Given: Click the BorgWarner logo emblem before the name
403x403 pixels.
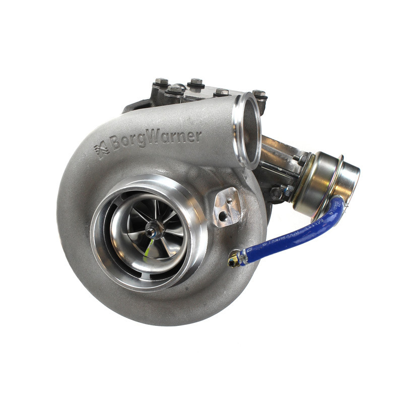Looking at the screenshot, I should pos(102,150).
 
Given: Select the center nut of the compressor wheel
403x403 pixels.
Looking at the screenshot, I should pos(151,231).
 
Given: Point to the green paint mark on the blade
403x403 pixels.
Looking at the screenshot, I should pos(148,247).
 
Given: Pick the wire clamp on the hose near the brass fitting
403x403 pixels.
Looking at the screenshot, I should pos(243,256).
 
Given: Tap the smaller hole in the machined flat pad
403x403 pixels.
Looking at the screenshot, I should pos(229,200).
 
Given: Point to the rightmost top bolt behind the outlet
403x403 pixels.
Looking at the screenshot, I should pos(259,94).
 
